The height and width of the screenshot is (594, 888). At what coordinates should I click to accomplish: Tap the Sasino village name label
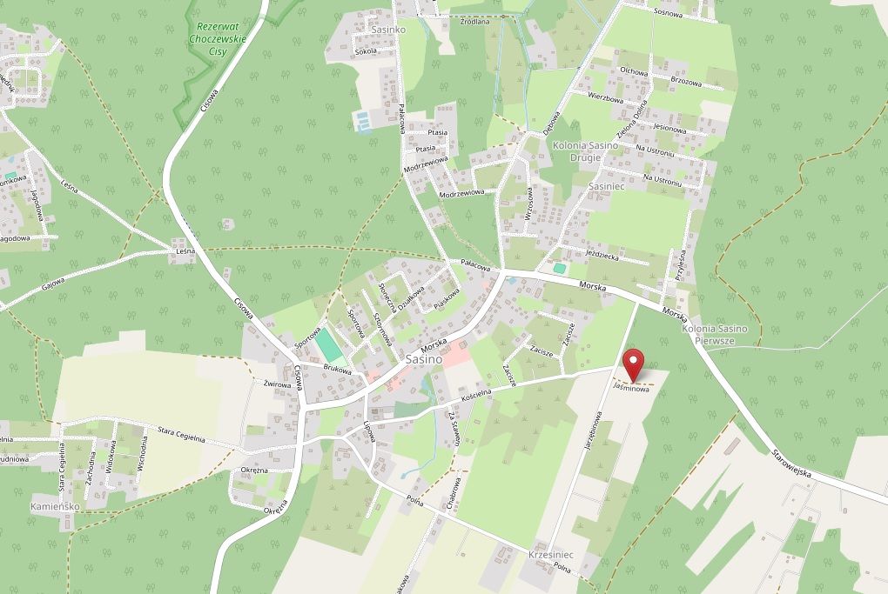[423, 358]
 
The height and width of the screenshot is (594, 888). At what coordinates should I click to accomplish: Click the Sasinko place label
[364, 29]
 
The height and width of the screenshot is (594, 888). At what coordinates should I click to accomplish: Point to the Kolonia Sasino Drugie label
[584, 151]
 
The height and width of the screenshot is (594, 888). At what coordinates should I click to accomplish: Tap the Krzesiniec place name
[550, 554]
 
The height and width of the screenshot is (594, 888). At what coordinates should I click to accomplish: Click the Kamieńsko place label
[55, 505]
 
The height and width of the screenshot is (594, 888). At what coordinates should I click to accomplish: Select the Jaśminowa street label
[631, 390]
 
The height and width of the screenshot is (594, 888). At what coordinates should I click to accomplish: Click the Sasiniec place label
[607, 186]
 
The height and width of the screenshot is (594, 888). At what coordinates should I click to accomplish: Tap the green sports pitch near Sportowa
[328, 346]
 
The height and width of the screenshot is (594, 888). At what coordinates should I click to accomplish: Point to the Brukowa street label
[338, 370]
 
